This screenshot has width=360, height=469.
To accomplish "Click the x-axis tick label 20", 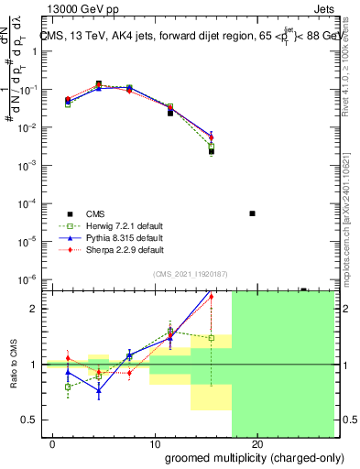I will point(257,444).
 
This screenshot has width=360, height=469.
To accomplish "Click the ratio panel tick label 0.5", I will point(28,420).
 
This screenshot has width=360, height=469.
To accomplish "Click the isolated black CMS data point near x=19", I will point(252,213).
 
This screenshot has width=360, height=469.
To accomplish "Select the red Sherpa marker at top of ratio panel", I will point(212,297).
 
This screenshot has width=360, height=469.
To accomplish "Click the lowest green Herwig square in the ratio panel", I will point(68,387).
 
